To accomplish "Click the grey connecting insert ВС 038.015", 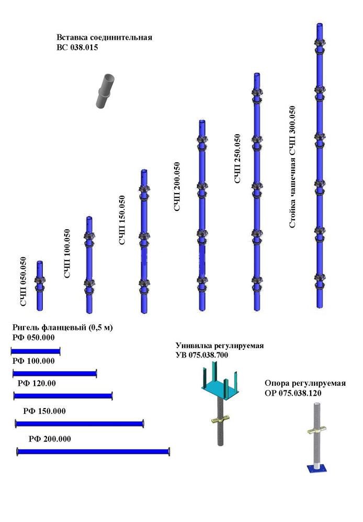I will [x=105, y=91].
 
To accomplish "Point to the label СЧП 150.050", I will [x=122, y=220].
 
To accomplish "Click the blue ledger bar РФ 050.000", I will [x=36, y=350].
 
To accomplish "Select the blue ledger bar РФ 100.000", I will [x=54, y=373].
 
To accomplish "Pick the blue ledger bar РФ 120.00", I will [x=63, y=396].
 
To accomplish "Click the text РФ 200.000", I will [x=50, y=438].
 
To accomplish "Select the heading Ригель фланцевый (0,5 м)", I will [x=62, y=327].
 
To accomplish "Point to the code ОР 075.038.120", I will [x=298, y=393].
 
